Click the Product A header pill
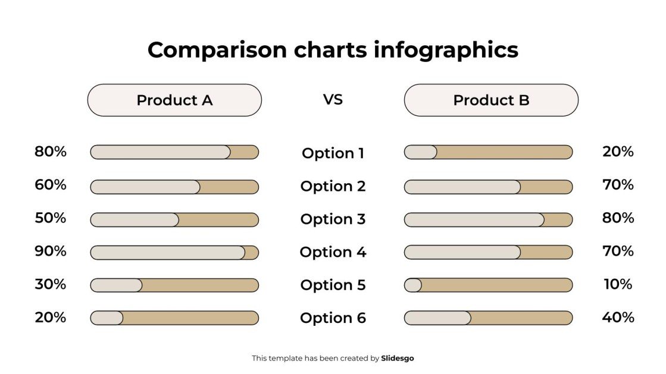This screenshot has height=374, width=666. (x=174, y=100)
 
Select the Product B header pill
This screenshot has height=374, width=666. (x=491, y=100)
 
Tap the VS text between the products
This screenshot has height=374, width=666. (x=333, y=99)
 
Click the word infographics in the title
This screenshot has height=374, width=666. (x=446, y=50)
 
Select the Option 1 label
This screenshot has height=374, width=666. (x=333, y=153)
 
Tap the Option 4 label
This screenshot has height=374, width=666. (x=333, y=252)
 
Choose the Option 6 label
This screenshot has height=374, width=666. (x=333, y=318)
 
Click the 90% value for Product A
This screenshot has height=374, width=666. (x=51, y=251)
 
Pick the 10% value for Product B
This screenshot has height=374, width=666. (x=618, y=284)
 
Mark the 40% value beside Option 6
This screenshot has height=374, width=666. (x=618, y=318)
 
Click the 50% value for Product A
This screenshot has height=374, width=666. (x=51, y=218)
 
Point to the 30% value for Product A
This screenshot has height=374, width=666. (x=51, y=284)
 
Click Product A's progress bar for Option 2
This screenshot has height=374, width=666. (x=174, y=187)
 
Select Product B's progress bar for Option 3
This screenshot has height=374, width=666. (x=488, y=219)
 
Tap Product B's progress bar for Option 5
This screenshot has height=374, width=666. (x=488, y=285)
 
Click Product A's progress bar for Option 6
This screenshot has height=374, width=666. (x=174, y=318)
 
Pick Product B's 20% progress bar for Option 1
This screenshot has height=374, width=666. (x=488, y=152)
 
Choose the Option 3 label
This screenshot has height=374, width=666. (x=333, y=219)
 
